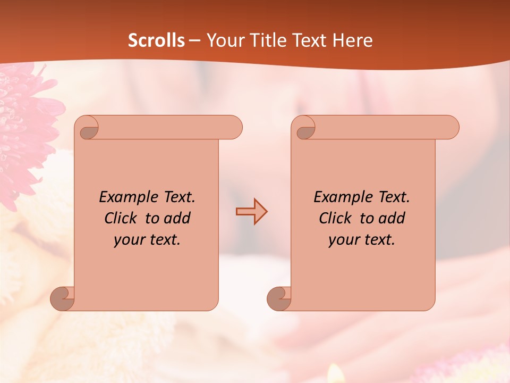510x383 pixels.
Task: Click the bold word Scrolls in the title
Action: [x=157, y=40]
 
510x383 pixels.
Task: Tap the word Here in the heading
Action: [x=351, y=40]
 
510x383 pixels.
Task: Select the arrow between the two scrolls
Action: [x=251, y=212]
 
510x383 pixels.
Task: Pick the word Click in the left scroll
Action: [x=122, y=218]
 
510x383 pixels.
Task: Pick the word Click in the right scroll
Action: [x=336, y=218]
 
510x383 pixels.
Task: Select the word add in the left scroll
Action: [x=178, y=218]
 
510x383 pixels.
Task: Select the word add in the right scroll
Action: [x=393, y=218]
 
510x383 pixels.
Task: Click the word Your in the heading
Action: [x=224, y=40]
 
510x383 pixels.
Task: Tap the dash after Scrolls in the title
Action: [x=195, y=41]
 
